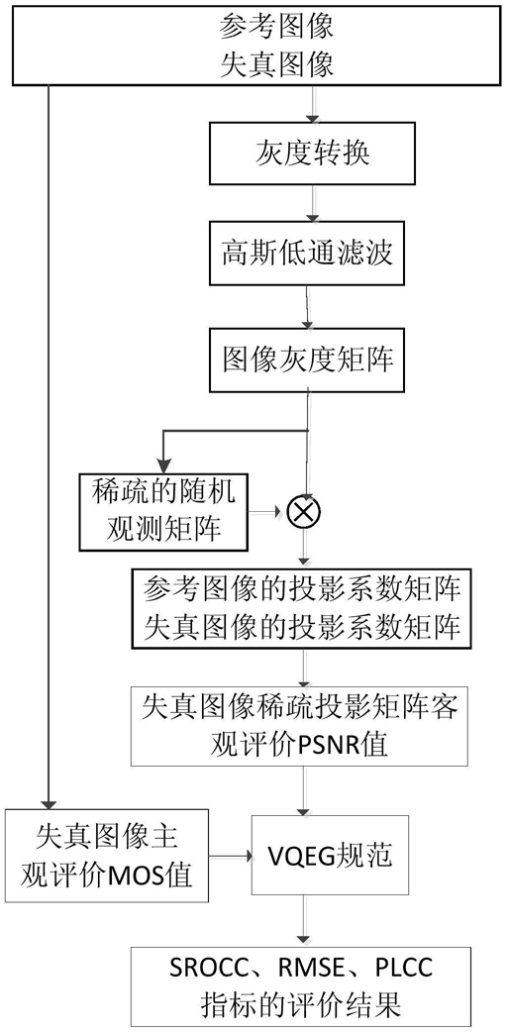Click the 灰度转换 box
(313, 154)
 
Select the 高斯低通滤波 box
(307, 254)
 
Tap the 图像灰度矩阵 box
(307, 361)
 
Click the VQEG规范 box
(331, 855)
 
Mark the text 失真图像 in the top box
(276, 63)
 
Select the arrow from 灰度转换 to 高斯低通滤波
(313, 203)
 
